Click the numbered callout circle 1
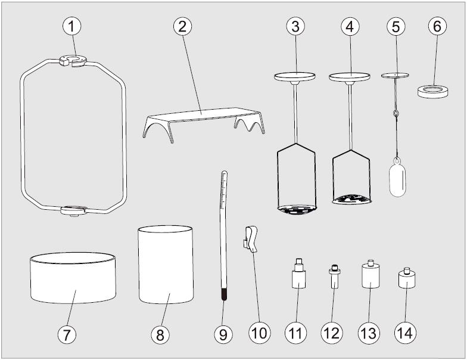(x=71, y=26)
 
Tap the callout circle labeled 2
(x=182, y=26)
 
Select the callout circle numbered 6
(x=437, y=26)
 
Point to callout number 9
(x=223, y=334)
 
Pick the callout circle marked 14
(x=406, y=333)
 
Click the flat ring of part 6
(x=433, y=91)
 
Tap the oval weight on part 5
(x=398, y=179)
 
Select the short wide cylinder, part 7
(x=73, y=278)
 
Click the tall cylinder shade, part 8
(x=166, y=265)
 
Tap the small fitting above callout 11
(x=298, y=274)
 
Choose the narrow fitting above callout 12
(x=335, y=277)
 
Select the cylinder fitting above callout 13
(x=371, y=274)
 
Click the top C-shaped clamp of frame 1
(x=73, y=60)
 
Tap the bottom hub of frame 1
(x=74, y=210)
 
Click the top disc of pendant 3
(x=294, y=76)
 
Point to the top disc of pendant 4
(x=349, y=76)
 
